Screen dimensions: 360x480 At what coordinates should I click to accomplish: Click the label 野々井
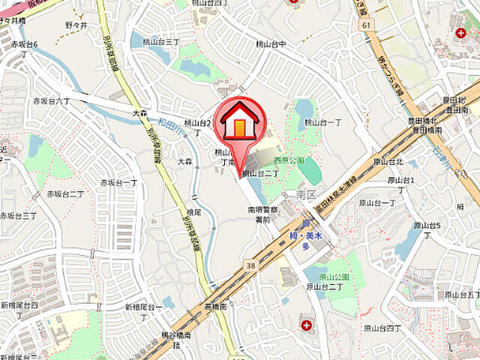(76, 25)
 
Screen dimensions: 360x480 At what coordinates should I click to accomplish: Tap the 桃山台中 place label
(271, 44)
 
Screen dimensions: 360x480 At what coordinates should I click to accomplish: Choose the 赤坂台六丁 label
(51, 100)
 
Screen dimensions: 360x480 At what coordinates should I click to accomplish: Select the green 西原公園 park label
(289, 160)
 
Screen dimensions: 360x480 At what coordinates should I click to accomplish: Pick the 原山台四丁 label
(385, 328)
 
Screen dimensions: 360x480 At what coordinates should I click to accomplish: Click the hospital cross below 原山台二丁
(307, 325)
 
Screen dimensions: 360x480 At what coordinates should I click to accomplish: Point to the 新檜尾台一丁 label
(144, 307)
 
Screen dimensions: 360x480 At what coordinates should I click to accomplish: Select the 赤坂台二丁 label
(67, 193)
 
